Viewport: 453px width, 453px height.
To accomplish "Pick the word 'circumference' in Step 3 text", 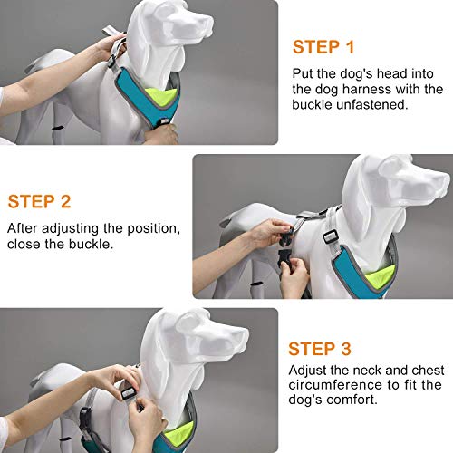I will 325,388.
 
